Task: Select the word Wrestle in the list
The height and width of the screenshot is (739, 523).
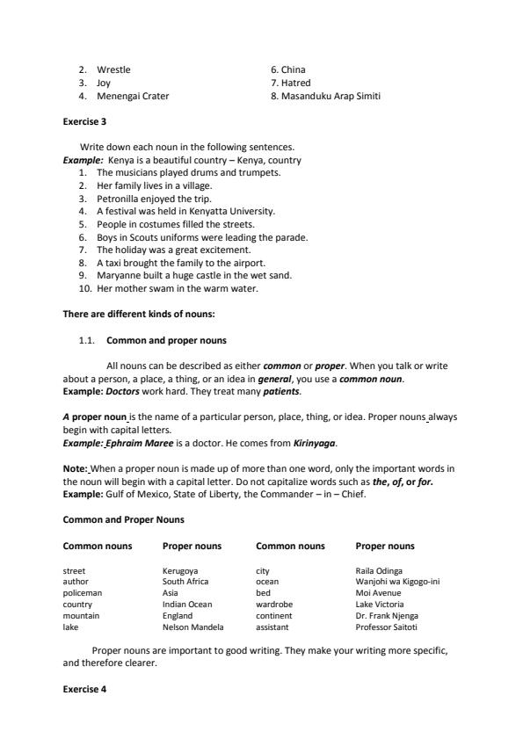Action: pyautogui.click(x=113, y=69)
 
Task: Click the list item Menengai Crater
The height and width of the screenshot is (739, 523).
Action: pyautogui.click(x=133, y=96)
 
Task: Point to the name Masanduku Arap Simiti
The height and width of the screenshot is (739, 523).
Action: pyautogui.click(x=326, y=96)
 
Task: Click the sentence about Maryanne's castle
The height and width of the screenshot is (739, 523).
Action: pyautogui.click(x=193, y=275)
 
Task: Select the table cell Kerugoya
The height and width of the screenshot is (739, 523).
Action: pyautogui.click(x=180, y=570)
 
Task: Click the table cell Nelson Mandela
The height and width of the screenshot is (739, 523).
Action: pyautogui.click(x=193, y=627)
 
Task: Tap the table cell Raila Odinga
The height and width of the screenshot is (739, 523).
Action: pyautogui.click(x=379, y=570)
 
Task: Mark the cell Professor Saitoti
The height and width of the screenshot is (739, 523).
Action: pyautogui.click(x=386, y=627)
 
